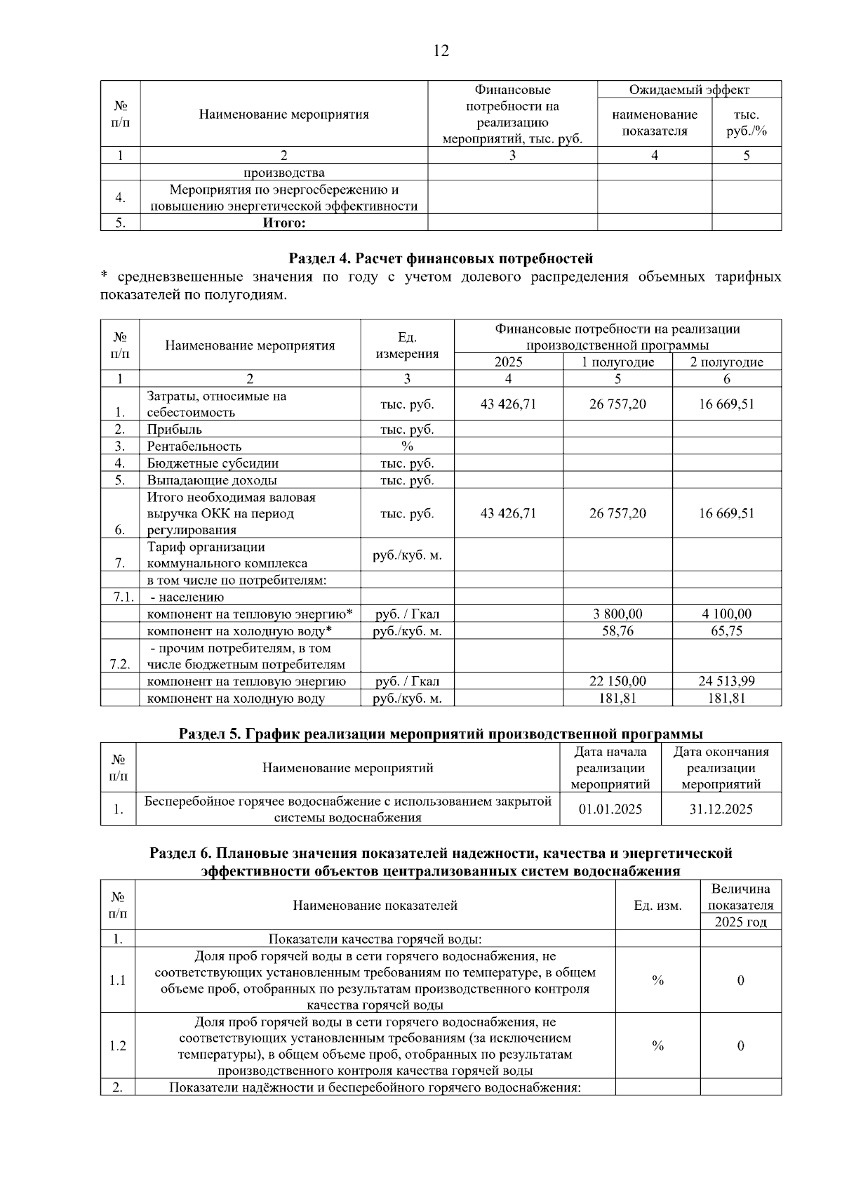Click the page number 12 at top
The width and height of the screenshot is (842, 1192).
click(441, 51)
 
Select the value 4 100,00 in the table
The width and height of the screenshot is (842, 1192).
click(726, 614)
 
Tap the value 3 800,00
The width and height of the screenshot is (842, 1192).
click(617, 614)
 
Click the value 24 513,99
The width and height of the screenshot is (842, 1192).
click(726, 681)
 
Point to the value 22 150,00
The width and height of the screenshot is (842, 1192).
click(617, 681)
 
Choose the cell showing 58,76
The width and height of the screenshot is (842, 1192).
click(617, 630)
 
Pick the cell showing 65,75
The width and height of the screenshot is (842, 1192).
click(726, 630)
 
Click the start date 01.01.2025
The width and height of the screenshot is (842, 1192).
click(610, 809)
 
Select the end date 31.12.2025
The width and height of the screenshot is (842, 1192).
click(721, 809)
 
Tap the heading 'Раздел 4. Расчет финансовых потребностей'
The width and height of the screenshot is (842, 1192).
click(441, 258)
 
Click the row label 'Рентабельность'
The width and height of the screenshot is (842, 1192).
click(194, 446)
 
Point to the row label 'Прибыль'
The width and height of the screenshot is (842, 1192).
click(174, 429)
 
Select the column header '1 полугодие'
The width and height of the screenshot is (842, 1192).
click(617, 362)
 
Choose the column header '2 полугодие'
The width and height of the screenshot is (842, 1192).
click(726, 362)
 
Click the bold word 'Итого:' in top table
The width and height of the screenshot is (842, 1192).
click(284, 223)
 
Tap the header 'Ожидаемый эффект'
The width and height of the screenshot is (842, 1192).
click(689, 90)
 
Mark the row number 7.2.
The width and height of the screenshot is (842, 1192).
click(120, 664)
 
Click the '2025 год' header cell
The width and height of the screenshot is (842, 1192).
click(740, 922)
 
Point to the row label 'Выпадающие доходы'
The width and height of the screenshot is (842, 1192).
click(211, 480)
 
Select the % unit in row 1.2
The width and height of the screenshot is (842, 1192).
click(657, 1045)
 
